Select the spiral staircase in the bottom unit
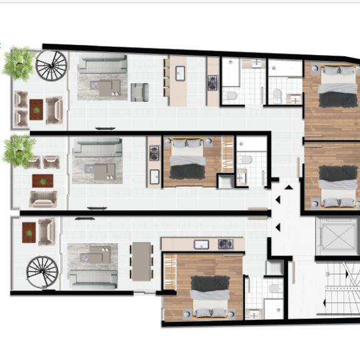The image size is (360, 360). click(x=41, y=271)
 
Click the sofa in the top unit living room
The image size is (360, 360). click(x=102, y=64)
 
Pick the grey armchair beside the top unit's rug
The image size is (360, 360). click(x=139, y=92)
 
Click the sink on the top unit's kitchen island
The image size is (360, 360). click(x=180, y=73)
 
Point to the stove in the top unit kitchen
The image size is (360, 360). click(x=212, y=82)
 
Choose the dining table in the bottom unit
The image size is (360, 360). click(x=142, y=261)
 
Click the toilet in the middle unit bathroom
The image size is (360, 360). click(x=244, y=160)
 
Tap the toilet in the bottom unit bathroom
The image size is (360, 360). click(x=272, y=289)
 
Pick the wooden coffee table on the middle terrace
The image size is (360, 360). click(x=42, y=181)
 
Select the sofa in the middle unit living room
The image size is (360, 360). click(x=97, y=149)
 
